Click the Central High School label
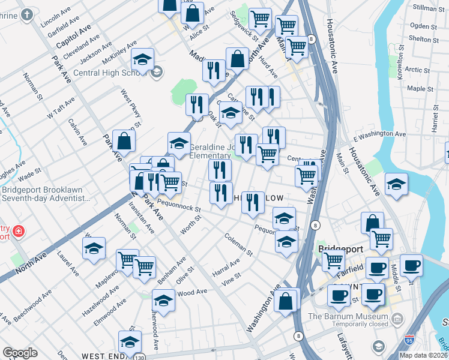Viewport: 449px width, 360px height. [x=111, y=74]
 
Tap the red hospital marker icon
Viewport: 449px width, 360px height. [x=19, y=231]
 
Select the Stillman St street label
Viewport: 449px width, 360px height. [x=429, y=7]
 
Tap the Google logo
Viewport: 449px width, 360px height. [x=20, y=353]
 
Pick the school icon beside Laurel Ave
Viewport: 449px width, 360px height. [x=94, y=249]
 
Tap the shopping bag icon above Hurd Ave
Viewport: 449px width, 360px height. [x=238, y=59]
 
